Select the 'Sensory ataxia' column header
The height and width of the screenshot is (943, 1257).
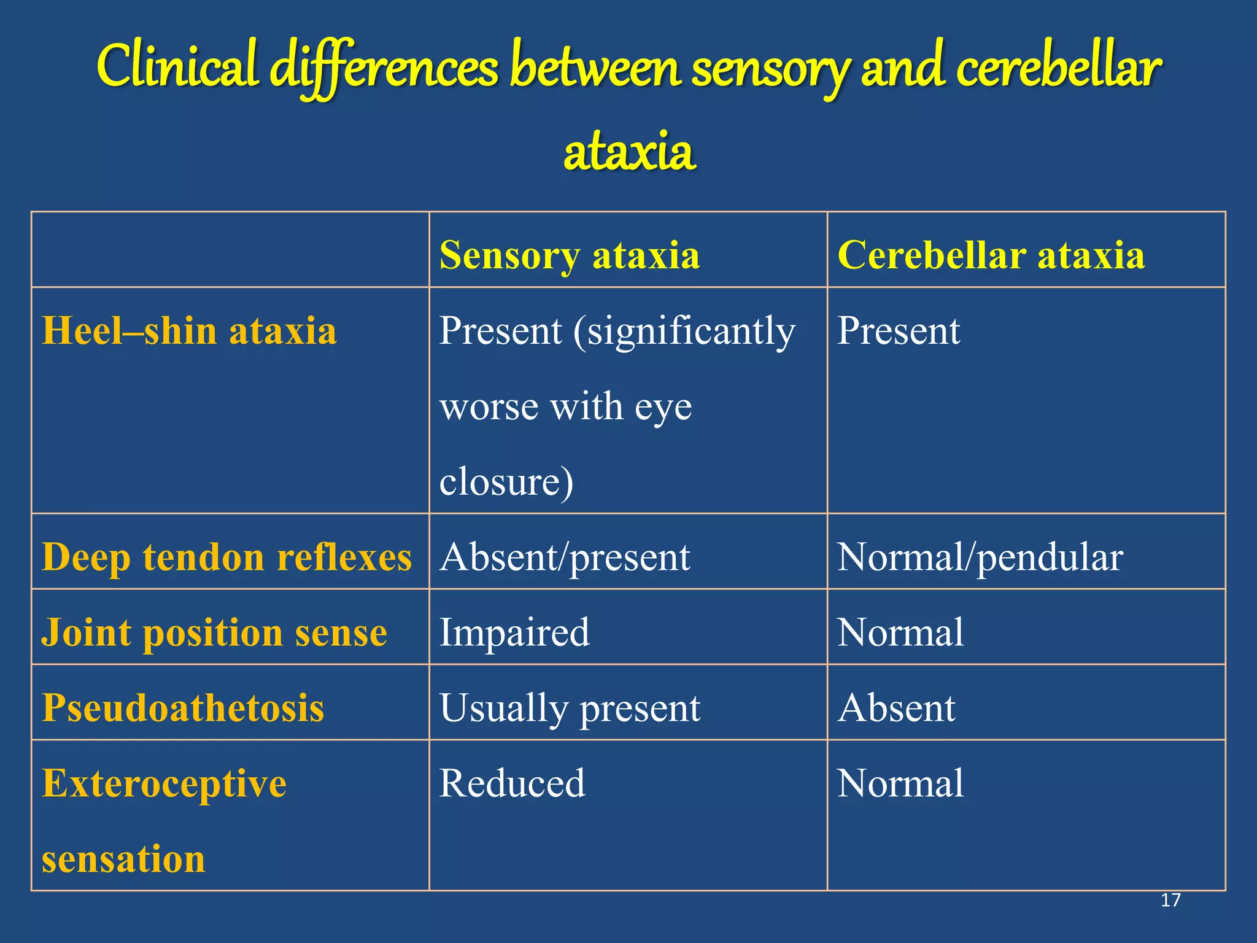pyautogui.click(x=570, y=255)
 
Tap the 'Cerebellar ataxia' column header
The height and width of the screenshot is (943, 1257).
pyautogui.click(x=991, y=255)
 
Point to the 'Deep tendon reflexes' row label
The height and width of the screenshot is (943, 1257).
pyautogui.click(x=226, y=557)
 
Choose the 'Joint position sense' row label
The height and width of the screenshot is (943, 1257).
pyautogui.click(x=214, y=632)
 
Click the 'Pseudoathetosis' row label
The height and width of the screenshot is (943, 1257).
pyautogui.click(x=183, y=707)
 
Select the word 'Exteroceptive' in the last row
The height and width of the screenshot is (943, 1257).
pyautogui.click(x=164, y=783)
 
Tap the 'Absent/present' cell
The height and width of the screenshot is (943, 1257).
pyautogui.click(x=565, y=557)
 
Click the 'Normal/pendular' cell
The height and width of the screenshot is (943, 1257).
pyautogui.click(x=980, y=557)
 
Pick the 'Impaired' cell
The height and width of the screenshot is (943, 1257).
pyautogui.click(x=514, y=632)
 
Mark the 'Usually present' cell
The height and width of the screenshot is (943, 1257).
pyautogui.click(x=570, y=708)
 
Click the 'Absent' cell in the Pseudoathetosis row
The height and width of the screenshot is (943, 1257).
pyautogui.click(x=897, y=708)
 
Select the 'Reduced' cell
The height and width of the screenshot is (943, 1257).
pyautogui.click(x=512, y=783)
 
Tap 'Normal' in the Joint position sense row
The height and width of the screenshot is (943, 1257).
pyautogui.click(x=900, y=632)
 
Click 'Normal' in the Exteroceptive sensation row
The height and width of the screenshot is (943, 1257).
pyautogui.click(x=900, y=783)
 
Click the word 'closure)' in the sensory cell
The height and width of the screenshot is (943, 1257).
pyautogui.click(x=506, y=481)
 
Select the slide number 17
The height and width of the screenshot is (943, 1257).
pyautogui.click(x=1170, y=900)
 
